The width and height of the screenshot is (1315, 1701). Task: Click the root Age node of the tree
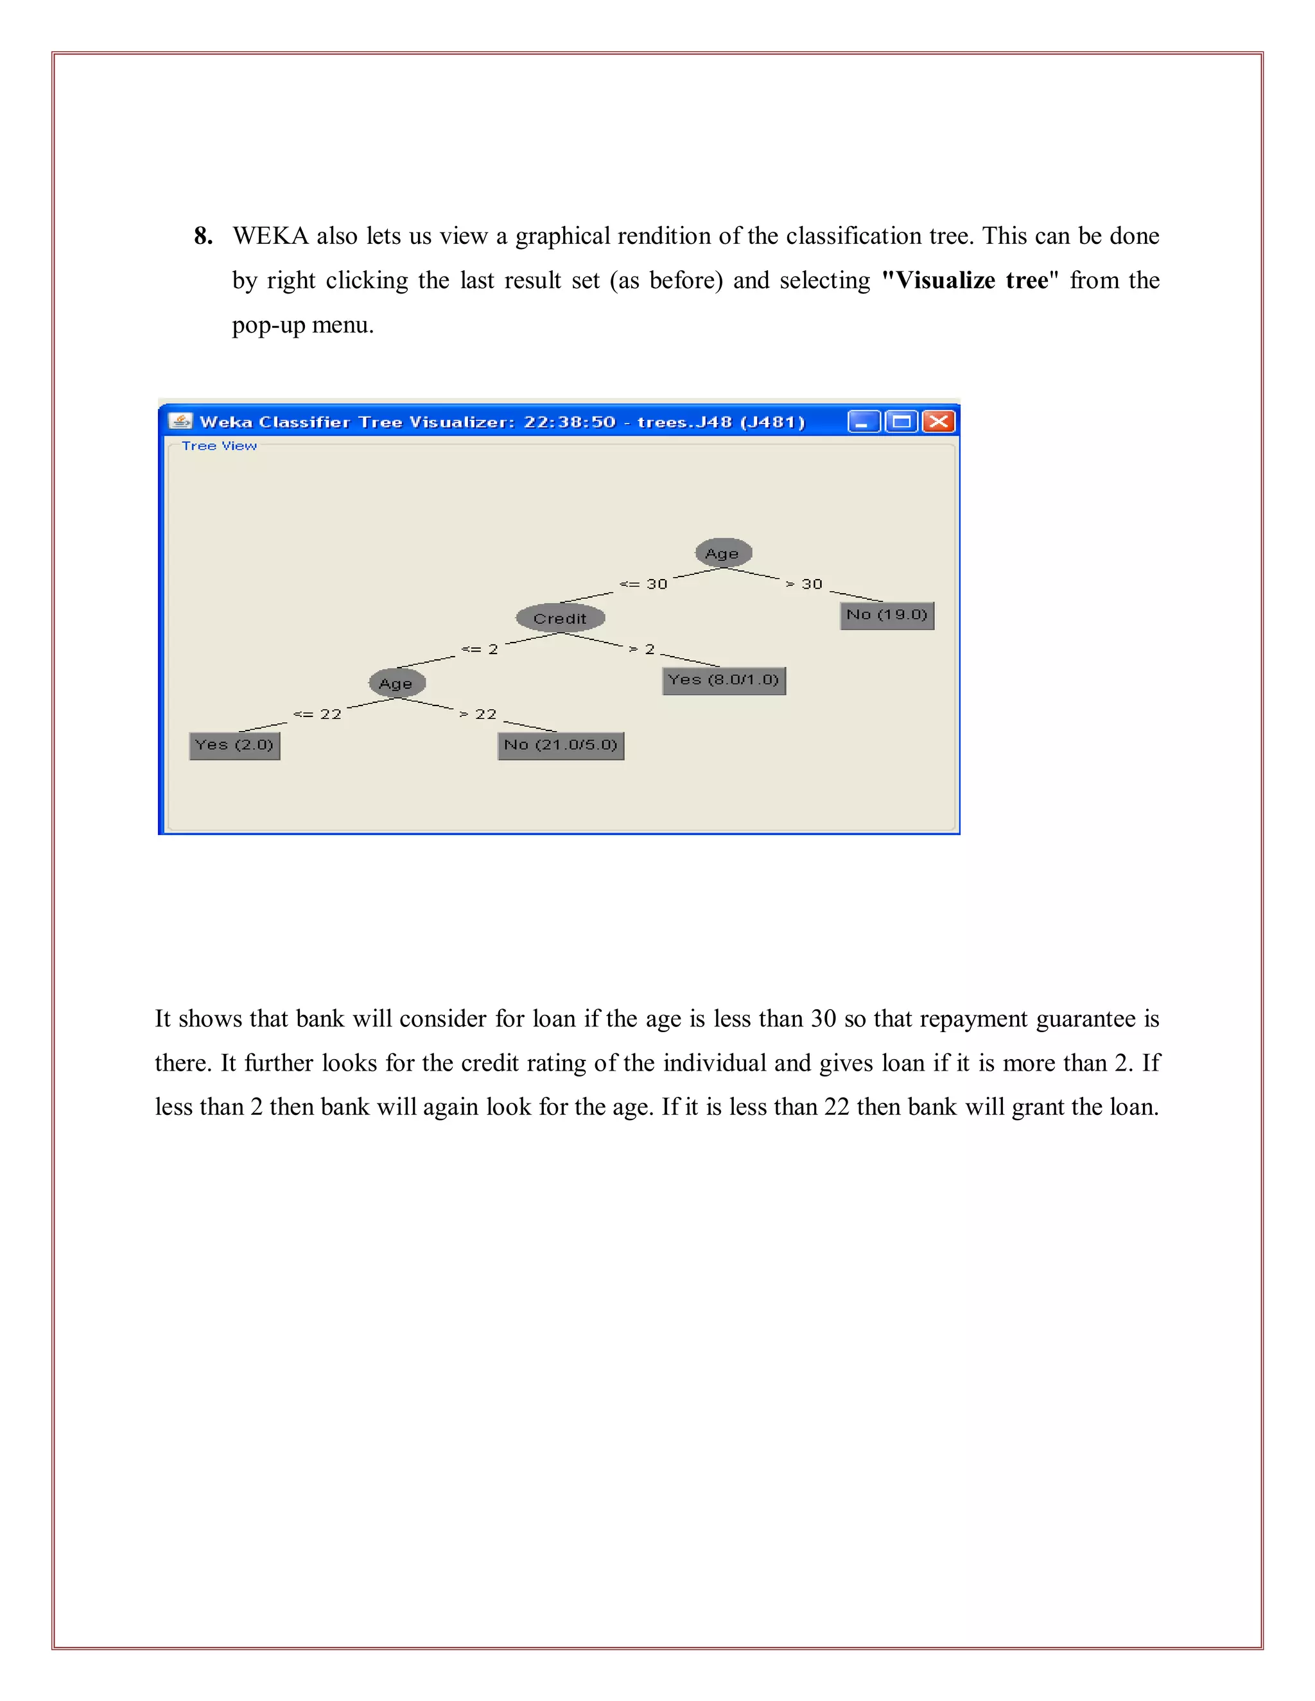[723, 553]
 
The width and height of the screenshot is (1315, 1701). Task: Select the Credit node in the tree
[560, 618]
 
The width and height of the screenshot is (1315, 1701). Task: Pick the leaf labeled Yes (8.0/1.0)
[724, 680]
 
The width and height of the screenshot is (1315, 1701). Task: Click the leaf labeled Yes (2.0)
[234, 745]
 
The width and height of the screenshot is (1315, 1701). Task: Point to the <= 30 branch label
[643, 584]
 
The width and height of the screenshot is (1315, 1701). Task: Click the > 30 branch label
[804, 584]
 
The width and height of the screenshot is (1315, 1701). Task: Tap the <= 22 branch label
[317, 714]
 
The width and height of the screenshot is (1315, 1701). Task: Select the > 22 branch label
[478, 714]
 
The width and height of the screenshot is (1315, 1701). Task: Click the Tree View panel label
[219, 446]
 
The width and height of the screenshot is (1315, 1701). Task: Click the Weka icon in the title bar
[180, 421]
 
